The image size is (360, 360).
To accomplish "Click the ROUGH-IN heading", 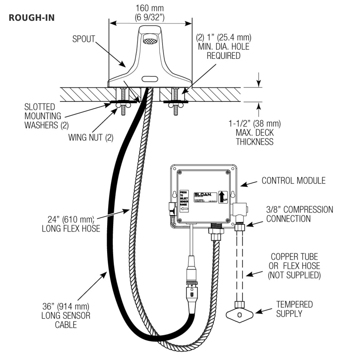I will (32, 17).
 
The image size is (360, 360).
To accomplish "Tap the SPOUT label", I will (83, 39).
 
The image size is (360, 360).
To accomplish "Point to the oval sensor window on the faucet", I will (151, 79).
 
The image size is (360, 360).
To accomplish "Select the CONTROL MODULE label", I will (294, 181).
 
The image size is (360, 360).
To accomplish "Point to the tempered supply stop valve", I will (239, 315).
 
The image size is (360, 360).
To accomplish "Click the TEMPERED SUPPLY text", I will (294, 309).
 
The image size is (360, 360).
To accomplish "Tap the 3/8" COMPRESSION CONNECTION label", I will (299, 214).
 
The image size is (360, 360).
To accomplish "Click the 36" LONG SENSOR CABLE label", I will (66, 316).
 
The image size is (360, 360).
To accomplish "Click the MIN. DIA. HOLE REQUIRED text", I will (224, 46).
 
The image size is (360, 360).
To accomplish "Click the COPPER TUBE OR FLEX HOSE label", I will (294, 266).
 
